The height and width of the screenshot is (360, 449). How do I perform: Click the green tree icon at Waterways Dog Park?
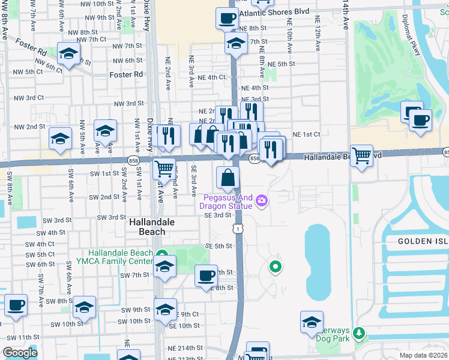coord(359,332)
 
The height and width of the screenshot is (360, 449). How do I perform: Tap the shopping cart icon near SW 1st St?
coord(164,169)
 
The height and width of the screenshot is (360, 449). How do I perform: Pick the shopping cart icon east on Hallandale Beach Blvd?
coord(361,156)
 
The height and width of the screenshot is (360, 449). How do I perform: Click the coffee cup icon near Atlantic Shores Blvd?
coord(226,19)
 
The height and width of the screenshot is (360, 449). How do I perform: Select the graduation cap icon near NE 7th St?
coord(236,43)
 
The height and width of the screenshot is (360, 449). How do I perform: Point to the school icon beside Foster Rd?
coord(68,53)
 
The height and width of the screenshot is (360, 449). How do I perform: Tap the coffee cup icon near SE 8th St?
coord(206,275)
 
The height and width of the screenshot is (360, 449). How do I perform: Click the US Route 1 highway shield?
coord(239,229)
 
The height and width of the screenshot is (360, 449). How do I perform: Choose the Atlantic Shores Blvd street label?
coord(274,12)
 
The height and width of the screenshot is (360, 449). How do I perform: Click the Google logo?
coord(20,352)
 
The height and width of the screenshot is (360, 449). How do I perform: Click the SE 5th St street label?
coord(218,246)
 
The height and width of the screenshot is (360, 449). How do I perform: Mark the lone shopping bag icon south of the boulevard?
coord(228,178)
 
